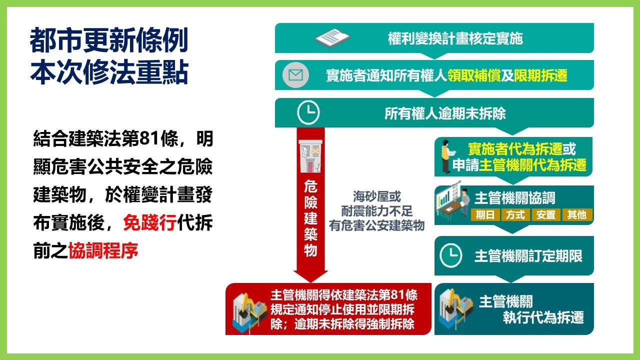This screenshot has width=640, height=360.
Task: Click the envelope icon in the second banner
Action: pos(295,75)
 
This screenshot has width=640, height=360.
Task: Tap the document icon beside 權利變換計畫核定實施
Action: pos(332,37)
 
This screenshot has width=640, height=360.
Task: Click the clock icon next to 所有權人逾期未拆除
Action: pos(308,112)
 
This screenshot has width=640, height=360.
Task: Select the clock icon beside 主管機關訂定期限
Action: pos(451,255)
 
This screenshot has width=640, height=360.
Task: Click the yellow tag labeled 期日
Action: pos(485,214)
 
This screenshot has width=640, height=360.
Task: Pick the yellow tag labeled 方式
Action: pos(515,214)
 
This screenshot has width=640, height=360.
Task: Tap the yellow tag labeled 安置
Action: pos(546,214)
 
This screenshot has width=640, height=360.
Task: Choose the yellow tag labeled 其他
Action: pos(577,214)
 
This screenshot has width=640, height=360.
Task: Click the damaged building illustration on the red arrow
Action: pos(310,156)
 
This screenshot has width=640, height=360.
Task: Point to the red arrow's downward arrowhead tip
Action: pos(310,282)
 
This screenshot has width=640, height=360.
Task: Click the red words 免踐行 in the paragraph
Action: pos(149,222)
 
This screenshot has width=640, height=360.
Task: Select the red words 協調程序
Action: pos(103,250)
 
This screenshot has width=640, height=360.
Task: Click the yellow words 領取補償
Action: pos(474,75)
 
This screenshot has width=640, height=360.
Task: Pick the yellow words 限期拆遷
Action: pos(540,75)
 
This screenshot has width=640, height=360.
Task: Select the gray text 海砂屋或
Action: pos(377,196)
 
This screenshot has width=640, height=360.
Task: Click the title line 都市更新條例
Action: pos(109,40)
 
